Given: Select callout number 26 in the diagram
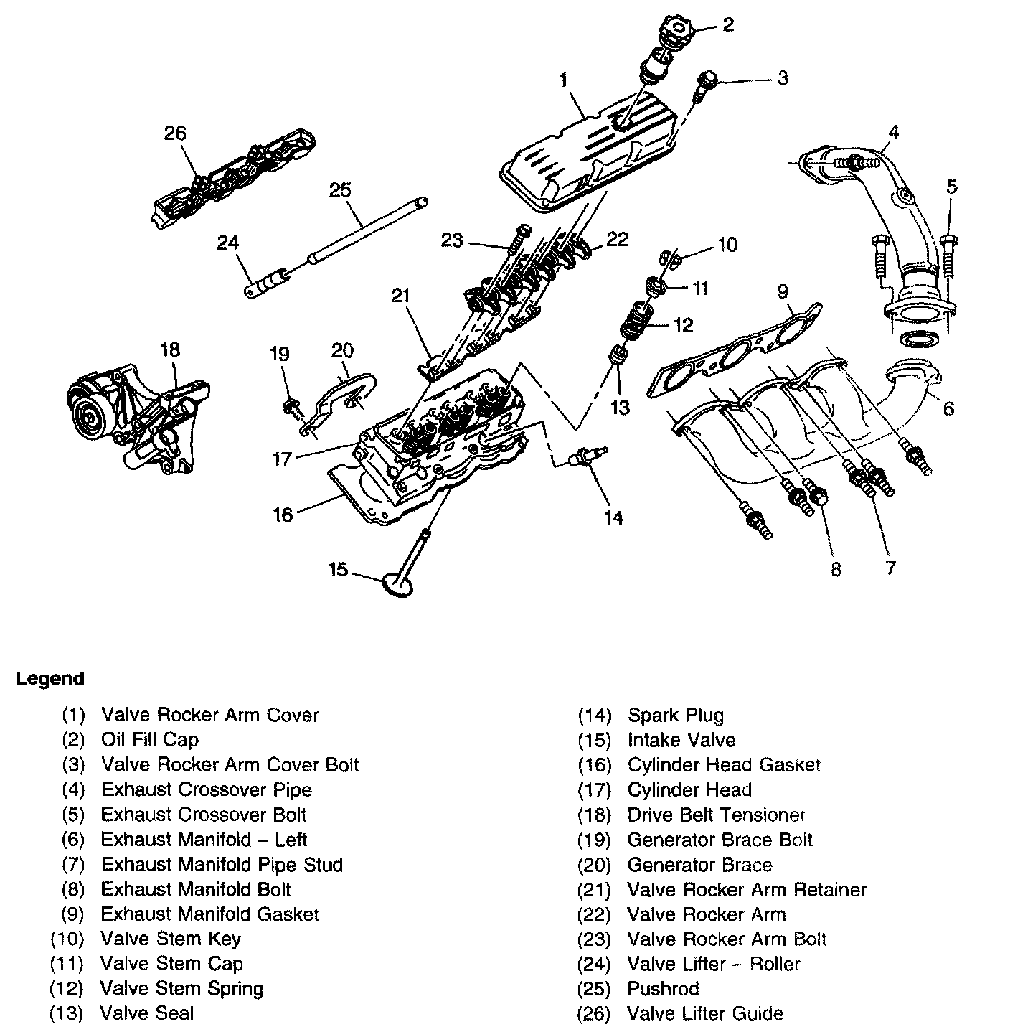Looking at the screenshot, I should tap(174, 133).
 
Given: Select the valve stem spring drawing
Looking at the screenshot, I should tap(635, 324).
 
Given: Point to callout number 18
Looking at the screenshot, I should tap(170, 350).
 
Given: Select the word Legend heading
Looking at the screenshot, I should tap(50, 679).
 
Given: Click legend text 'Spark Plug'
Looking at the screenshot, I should tap(676, 716).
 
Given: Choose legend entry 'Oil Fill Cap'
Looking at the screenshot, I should tap(150, 740).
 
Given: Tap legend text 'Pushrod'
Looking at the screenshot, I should tap(663, 988).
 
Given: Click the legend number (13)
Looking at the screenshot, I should tap(67, 1013).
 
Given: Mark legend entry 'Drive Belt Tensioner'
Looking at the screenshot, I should tap(717, 815).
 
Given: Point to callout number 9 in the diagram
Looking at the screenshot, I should tap(782, 291).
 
